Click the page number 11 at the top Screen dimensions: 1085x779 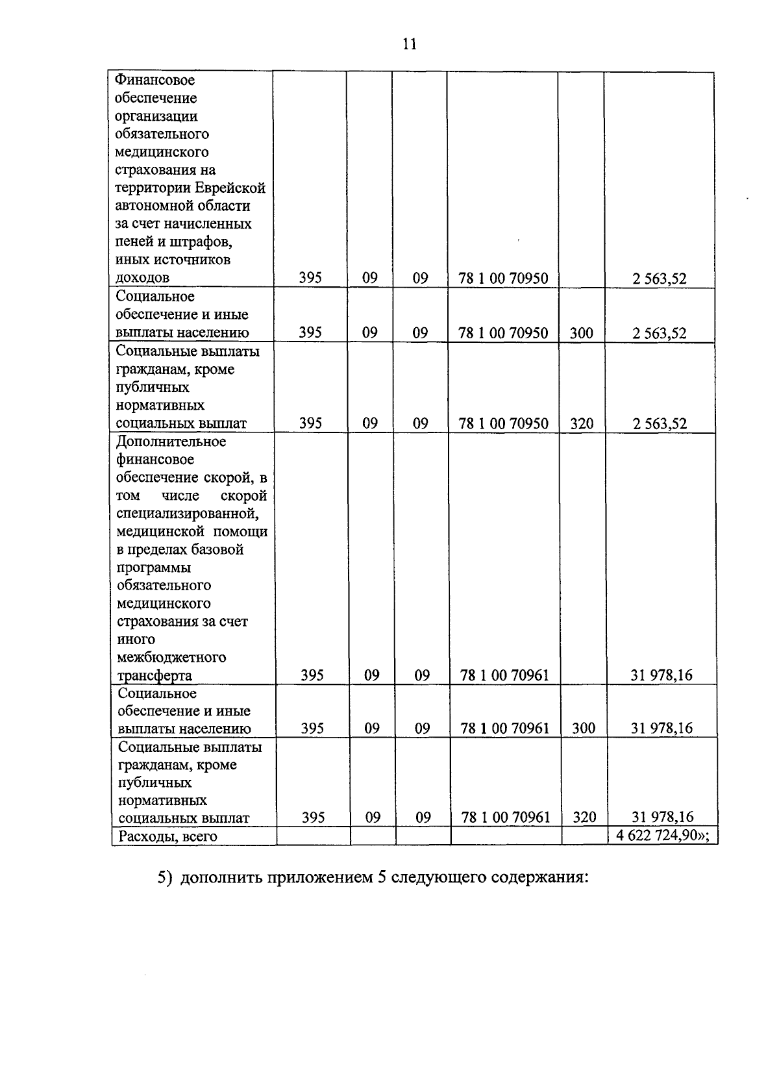pyautogui.click(x=409, y=44)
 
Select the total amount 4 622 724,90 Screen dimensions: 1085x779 pyautogui.click(x=658, y=836)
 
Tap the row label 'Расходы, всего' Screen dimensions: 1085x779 pyautogui.click(x=166, y=836)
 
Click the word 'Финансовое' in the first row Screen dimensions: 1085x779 pyautogui.click(x=155, y=81)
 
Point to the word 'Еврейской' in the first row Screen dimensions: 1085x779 pyautogui.click(x=231, y=188)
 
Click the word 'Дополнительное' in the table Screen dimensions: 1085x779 pyautogui.click(x=171, y=442)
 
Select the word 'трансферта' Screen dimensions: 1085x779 pyautogui.click(x=155, y=675)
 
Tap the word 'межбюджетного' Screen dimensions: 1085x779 pyautogui.click(x=171, y=657)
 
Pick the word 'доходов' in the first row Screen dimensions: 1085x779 pyautogui.click(x=142, y=278)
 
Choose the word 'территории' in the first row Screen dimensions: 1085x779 pyautogui.click(x=153, y=188)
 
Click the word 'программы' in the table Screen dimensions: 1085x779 pyautogui.click(x=154, y=567)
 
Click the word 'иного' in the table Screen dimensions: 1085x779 pyautogui.click(x=136, y=640)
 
